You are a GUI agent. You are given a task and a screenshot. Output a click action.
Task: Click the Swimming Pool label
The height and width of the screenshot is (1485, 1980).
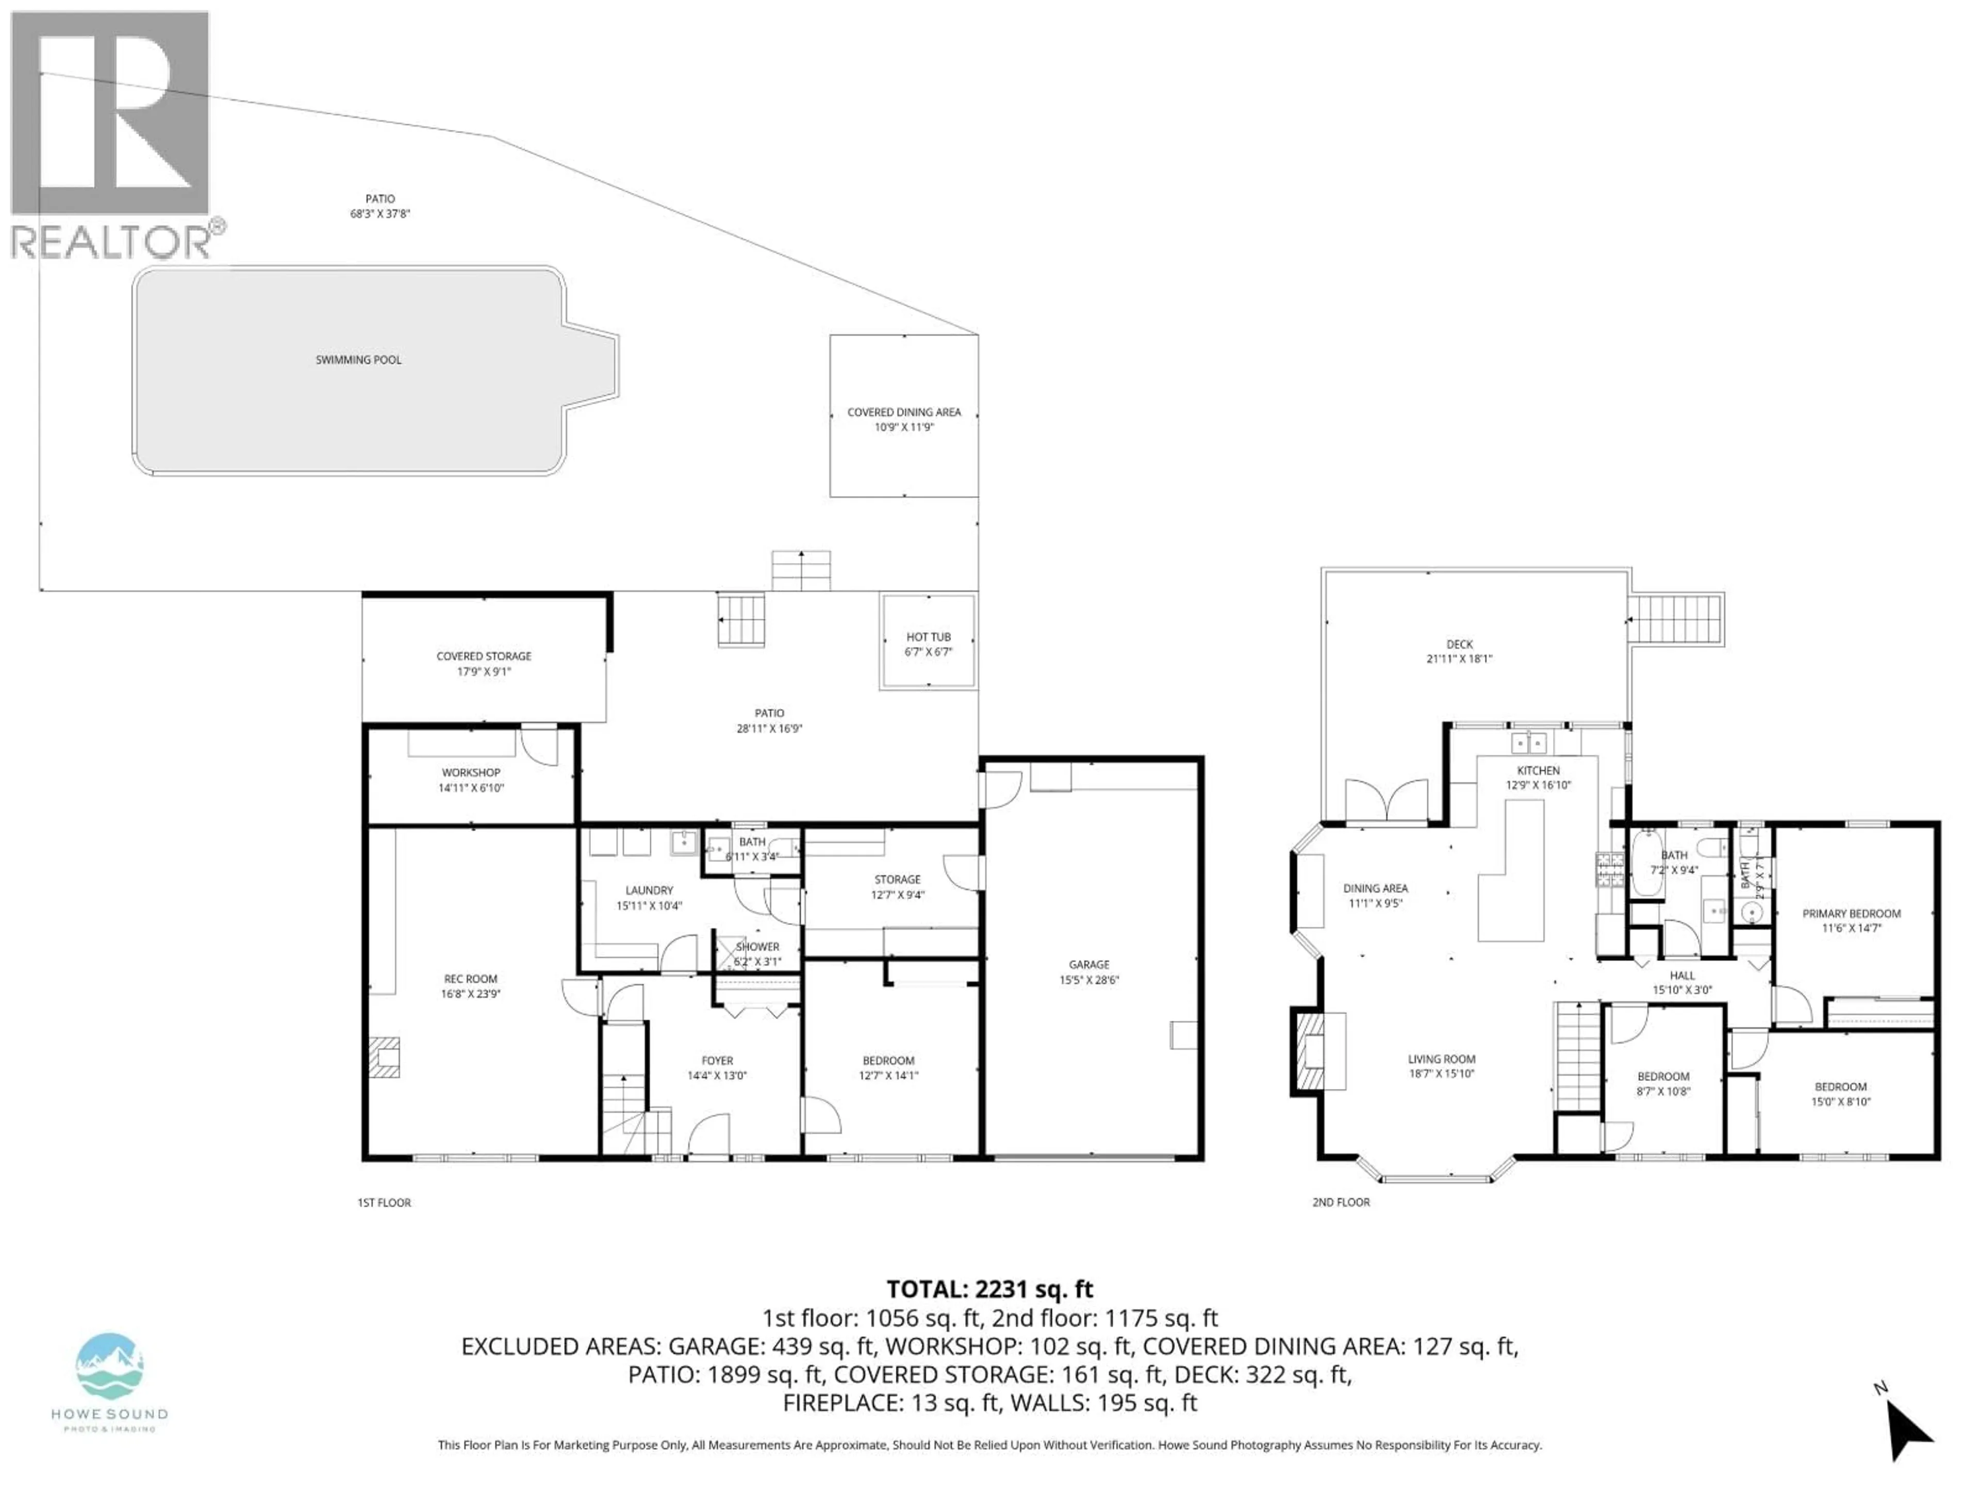click(358, 360)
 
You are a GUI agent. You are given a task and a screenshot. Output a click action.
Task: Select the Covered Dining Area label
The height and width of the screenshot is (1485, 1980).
click(903, 412)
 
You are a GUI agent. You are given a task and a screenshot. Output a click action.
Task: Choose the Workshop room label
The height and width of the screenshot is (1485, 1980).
click(471, 772)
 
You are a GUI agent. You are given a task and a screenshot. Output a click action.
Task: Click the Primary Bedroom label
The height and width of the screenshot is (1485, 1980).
click(1851, 914)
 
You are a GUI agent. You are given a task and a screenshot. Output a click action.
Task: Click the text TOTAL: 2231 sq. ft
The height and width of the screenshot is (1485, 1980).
click(989, 1289)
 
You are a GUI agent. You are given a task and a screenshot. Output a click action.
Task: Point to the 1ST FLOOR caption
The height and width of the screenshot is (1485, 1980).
click(384, 1202)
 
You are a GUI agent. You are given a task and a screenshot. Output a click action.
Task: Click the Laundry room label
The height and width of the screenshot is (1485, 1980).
click(649, 890)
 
